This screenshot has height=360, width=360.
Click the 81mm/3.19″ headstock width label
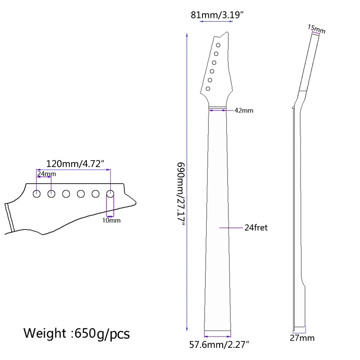tap(217, 15)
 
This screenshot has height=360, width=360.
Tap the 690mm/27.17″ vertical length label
tap(181, 194)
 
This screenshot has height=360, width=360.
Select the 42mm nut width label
tap(244, 110)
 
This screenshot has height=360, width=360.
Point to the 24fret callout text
tap(256, 228)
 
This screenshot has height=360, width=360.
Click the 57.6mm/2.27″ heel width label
tap(219, 345)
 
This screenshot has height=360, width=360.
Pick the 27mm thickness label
tap(302, 338)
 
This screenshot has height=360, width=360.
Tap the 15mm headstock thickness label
tap(316, 29)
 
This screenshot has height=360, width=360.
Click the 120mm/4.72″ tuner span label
tap(75, 164)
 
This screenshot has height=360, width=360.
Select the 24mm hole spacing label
tap(47, 174)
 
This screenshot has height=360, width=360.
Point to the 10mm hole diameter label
tap(111, 220)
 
